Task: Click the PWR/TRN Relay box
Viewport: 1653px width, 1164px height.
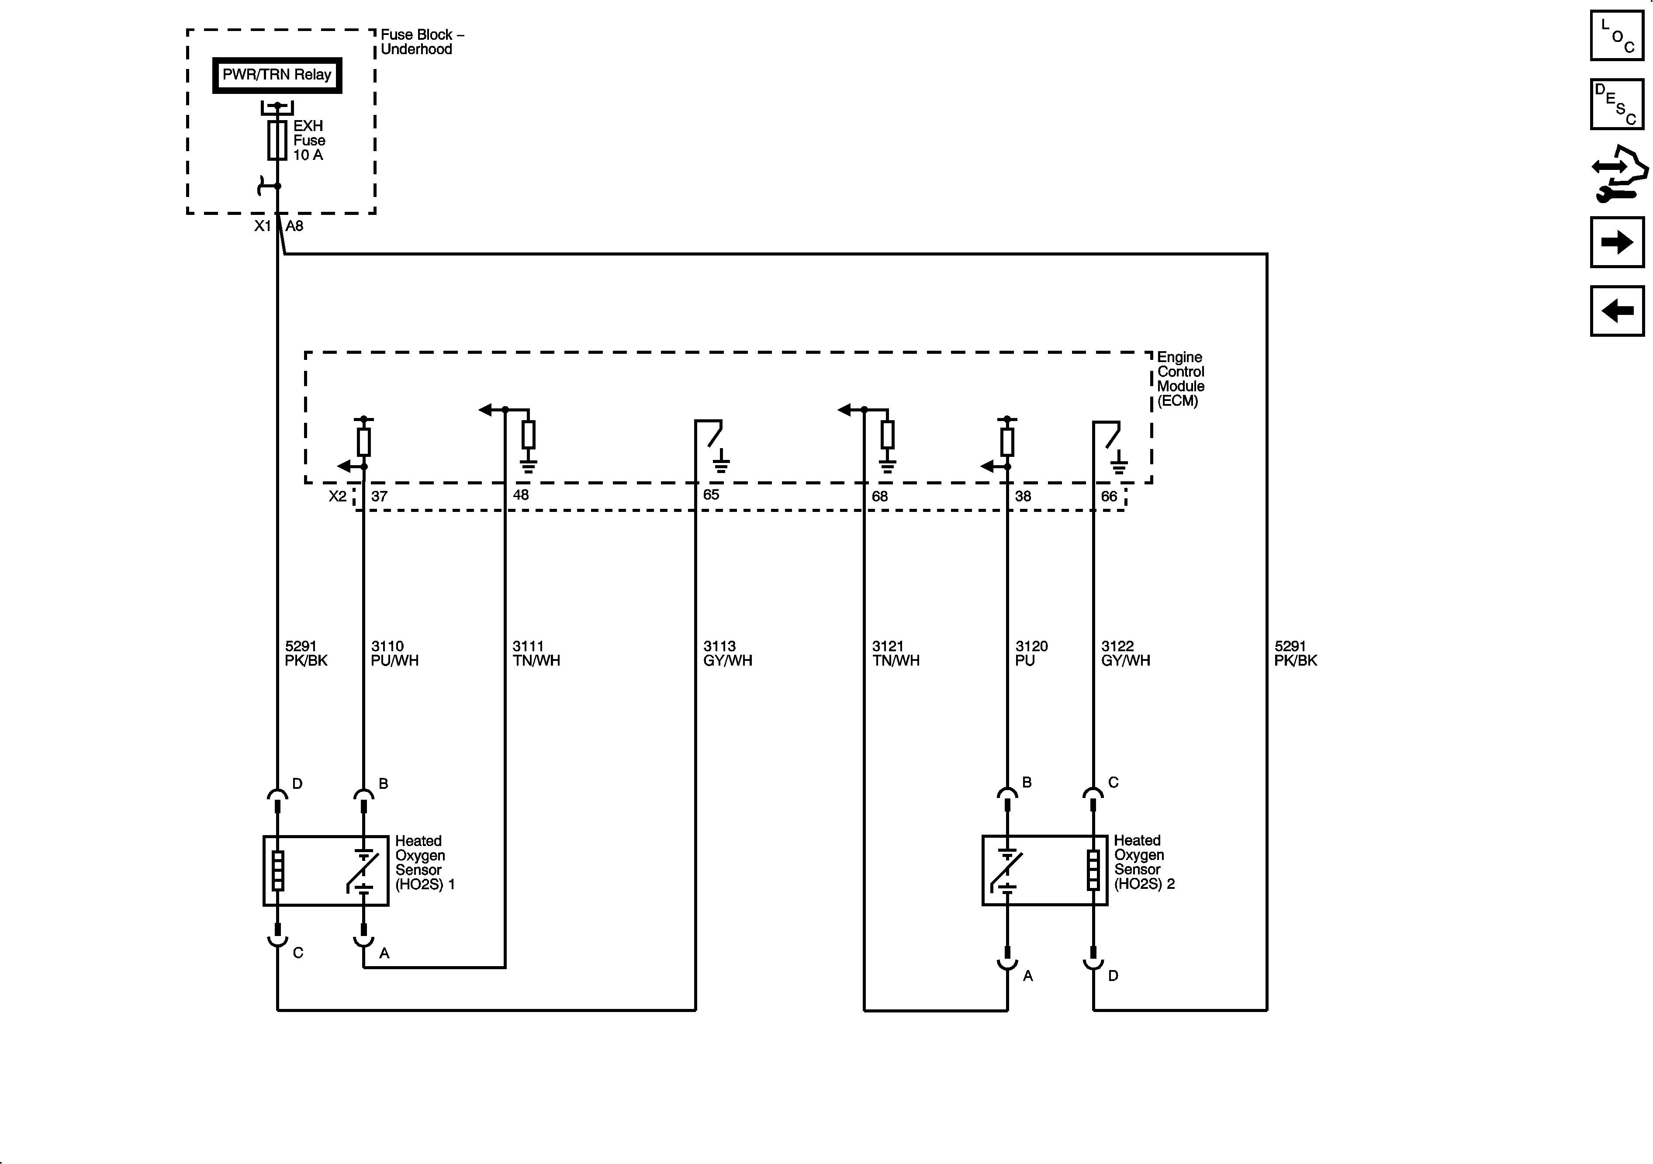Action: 277,75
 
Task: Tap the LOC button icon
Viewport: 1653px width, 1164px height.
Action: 1617,35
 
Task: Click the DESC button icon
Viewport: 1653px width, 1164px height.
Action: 1617,104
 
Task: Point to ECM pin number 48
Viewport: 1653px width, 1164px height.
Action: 521,495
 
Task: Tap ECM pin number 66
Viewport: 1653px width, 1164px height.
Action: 1109,497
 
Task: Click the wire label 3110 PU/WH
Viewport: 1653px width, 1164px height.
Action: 394,653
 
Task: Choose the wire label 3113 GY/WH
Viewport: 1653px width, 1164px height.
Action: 727,653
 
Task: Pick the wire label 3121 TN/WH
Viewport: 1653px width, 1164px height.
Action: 896,653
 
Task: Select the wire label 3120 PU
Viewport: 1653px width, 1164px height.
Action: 1031,653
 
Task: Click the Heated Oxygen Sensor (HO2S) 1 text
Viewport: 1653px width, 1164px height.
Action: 424,862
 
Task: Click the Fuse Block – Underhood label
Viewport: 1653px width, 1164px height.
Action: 422,42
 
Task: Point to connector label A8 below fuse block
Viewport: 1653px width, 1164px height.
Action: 294,226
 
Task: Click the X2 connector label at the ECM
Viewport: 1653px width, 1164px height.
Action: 338,497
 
